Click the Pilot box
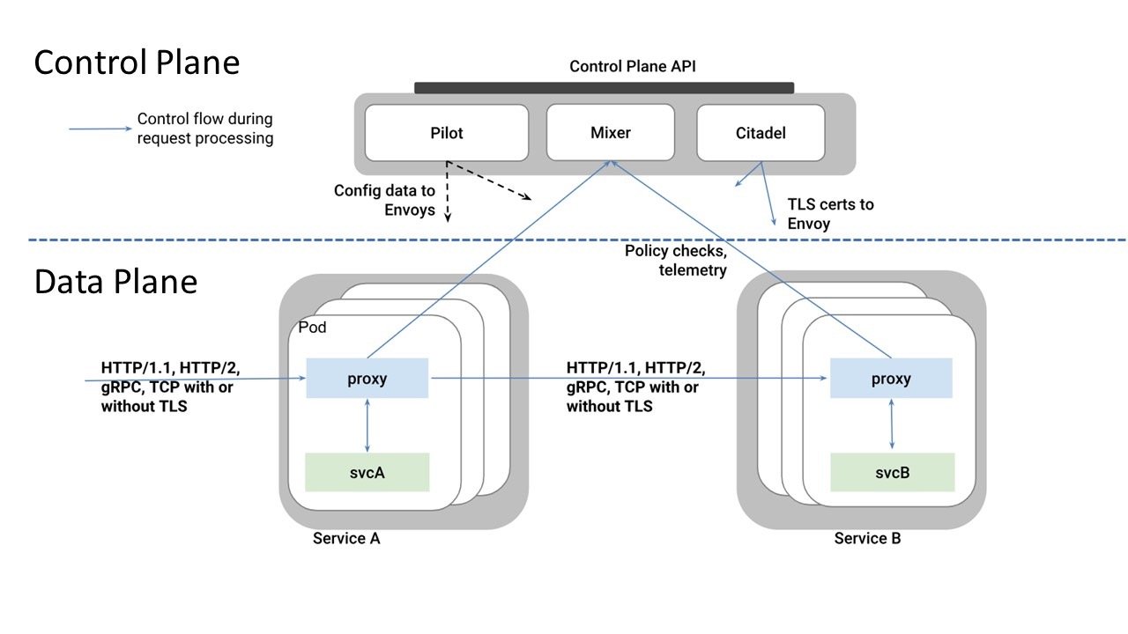447,134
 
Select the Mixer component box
610,134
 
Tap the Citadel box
761,134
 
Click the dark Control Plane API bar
605,87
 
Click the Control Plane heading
137,63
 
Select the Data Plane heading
115,282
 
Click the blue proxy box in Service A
367,379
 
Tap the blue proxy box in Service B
891,379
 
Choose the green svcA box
367,472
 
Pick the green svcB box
893,472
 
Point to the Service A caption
346,538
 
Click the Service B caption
867,538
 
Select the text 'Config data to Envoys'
384,200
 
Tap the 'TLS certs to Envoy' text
830,214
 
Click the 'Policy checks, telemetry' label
676,261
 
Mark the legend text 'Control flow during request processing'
205,129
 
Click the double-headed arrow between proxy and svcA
367,425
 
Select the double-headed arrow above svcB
893,425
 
